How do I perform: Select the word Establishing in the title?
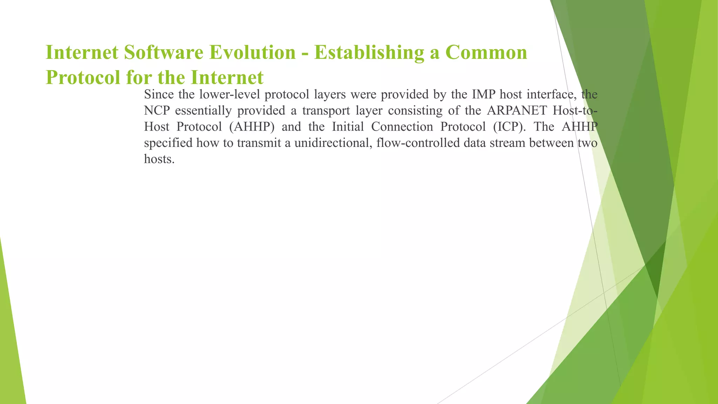click(x=369, y=53)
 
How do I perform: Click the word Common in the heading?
click(x=486, y=53)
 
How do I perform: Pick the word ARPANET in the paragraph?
click(x=517, y=110)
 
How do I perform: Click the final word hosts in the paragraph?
click(x=159, y=159)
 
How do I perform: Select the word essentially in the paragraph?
click(x=203, y=111)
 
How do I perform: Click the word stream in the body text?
click(x=507, y=143)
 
